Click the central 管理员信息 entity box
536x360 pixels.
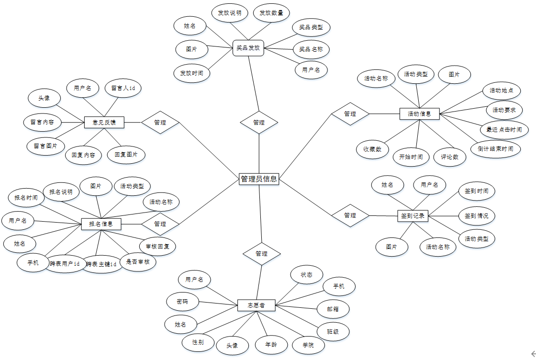click(x=259, y=179)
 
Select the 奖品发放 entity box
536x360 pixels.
click(x=248, y=48)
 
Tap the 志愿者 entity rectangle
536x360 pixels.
click(x=257, y=305)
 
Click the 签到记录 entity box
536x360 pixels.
click(x=413, y=215)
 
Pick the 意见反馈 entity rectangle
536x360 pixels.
click(x=104, y=123)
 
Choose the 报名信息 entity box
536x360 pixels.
click(x=101, y=224)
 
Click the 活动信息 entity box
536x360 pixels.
click(x=419, y=114)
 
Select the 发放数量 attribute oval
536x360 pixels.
click(x=271, y=13)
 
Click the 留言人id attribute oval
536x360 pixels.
click(x=123, y=88)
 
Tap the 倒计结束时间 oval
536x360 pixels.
click(x=495, y=149)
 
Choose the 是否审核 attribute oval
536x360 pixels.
click(x=138, y=262)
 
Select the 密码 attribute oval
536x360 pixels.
click(x=182, y=302)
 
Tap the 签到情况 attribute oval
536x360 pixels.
click(x=476, y=215)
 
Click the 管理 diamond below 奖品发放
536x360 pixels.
click(x=259, y=123)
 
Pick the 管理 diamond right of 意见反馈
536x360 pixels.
click(x=160, y=123)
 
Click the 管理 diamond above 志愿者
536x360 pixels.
click(x=261, y=253)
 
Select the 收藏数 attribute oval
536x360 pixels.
click(x=372, y=149)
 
